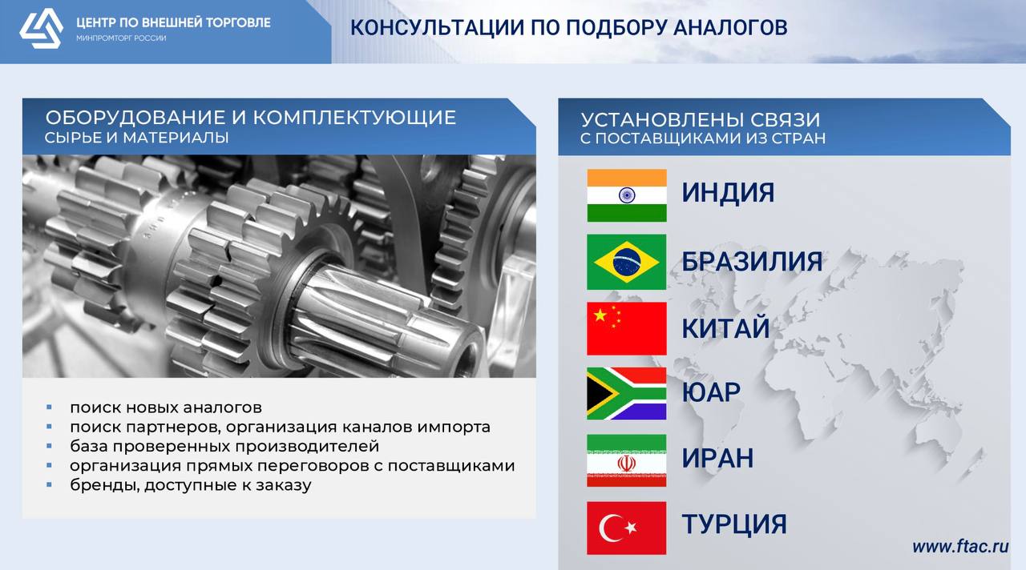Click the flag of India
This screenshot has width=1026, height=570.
point(627,195)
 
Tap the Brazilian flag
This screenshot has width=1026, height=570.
point(627,262)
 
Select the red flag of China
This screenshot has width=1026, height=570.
point(627,328)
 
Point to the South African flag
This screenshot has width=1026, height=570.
point(627,393)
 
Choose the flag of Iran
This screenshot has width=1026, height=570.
point(627,460)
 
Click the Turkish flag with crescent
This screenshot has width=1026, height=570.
point(627,528)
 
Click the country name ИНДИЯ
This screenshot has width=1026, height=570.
point(728,193)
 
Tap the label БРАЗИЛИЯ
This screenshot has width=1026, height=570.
point(752,262)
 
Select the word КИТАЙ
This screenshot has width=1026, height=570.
point(726,327)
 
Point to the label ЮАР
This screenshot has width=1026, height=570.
point(711,392)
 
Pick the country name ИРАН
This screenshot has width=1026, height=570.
point(717,458)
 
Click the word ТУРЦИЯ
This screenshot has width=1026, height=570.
point(734,524)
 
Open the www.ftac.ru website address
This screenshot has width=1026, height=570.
point(960,547)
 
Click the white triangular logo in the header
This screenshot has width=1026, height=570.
point(41,28)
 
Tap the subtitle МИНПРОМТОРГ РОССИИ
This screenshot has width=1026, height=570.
point(121,38)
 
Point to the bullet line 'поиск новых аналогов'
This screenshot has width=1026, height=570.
point(166,407)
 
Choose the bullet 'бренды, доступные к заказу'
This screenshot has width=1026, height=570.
point(191,485)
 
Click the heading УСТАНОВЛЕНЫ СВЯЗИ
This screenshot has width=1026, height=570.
point(701,120)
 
